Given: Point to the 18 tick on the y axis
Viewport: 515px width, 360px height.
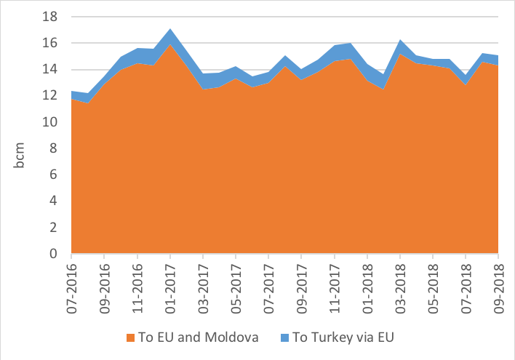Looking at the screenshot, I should [x=52, y=17].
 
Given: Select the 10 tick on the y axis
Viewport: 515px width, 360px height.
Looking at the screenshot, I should [x=52, y=122].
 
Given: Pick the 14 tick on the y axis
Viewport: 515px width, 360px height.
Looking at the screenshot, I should [x=52, y=70].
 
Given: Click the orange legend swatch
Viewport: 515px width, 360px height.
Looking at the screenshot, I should [x=130, y=338].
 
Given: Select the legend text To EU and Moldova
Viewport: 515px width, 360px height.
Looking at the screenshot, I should [x=195, y=338].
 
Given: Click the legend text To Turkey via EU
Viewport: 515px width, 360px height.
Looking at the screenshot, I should [x=342, y=338].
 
